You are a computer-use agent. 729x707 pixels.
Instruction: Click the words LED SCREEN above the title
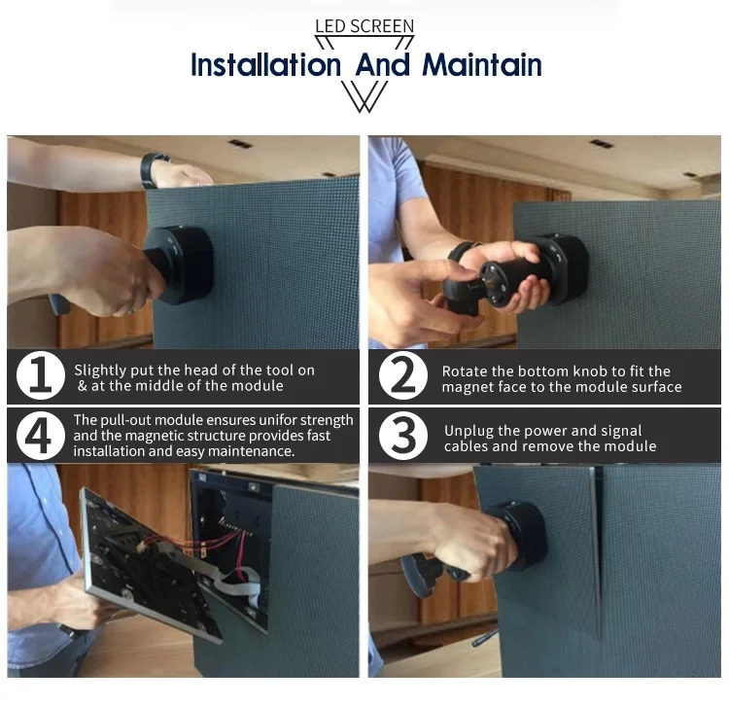[364, 26]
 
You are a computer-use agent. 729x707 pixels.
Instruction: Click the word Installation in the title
[266, 64]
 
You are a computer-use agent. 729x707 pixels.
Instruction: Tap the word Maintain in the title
[482, 64]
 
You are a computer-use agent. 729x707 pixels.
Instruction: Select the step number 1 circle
[41, 375]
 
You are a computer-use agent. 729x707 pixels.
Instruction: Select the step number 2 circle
[403, 375]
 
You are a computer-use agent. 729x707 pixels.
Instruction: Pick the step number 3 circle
[403, 436]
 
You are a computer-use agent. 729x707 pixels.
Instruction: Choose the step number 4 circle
[41, 436]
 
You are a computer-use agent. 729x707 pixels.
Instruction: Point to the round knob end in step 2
[497, 284]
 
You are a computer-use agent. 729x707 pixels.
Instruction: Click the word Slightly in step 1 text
[100, 371]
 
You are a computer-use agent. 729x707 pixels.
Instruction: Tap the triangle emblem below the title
[364, 96]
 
